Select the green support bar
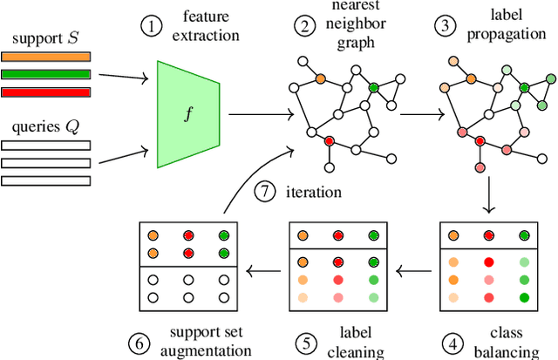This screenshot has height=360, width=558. (45, 75)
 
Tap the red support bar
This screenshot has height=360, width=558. (45, 92)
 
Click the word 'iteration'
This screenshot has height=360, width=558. (312, 191)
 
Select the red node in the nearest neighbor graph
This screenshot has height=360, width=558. (330, 140)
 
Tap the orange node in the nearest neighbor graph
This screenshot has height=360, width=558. (320, 78)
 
